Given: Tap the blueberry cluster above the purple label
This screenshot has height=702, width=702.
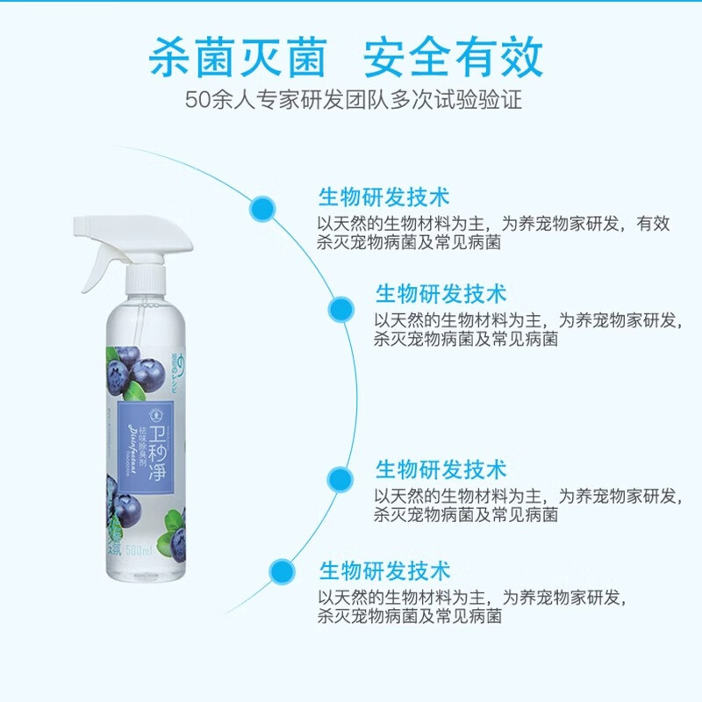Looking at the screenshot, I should (133, 367).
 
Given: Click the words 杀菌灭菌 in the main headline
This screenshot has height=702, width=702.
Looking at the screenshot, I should (238, 58).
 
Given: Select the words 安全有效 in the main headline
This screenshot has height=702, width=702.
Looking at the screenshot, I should (454, 58).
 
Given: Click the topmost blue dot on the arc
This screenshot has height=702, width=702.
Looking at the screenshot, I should (261, 208).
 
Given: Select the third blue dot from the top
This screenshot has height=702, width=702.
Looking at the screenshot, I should (340, 479).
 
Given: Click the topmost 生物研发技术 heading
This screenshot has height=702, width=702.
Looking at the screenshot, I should (383, 195).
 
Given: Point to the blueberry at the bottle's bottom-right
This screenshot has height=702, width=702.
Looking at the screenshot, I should (179, 546).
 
